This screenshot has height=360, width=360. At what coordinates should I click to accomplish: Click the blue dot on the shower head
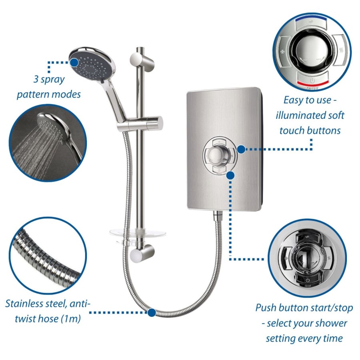tap(74, 62)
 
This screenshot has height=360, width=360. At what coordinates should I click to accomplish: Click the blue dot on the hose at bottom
tap(152, 312)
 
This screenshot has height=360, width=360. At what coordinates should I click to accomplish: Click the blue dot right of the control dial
tap(241, 149)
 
